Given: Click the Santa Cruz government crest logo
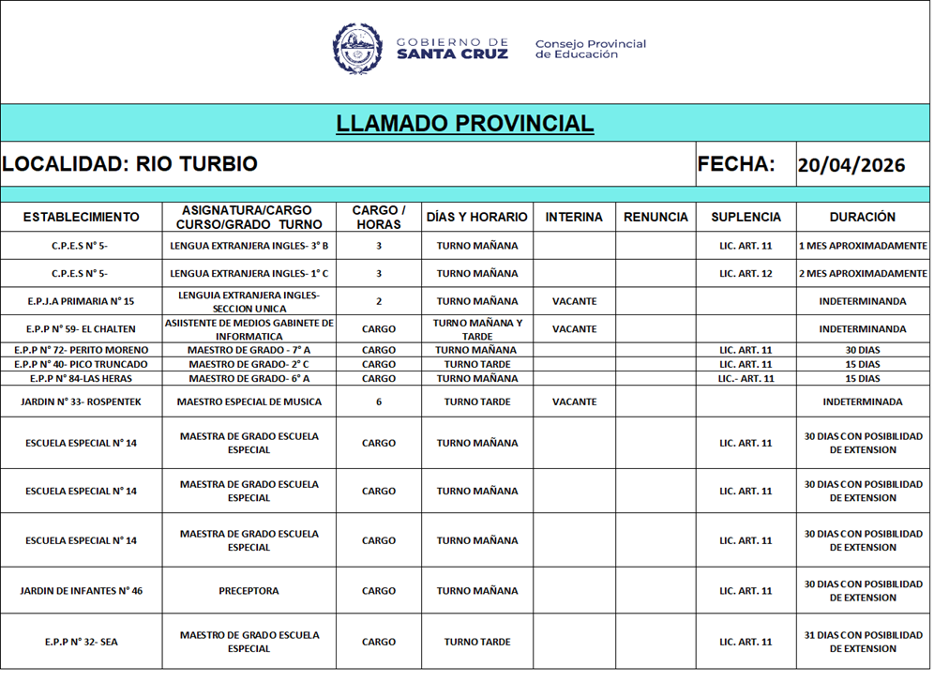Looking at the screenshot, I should click(357, 48).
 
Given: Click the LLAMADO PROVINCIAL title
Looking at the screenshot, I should click(465, 124).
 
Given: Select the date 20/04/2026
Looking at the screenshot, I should click(851, 165).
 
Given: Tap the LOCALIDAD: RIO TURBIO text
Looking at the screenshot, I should click(130, 164).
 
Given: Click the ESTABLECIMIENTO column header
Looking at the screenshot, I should click(81, 217).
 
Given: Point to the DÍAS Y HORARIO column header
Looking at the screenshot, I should click(476, 217).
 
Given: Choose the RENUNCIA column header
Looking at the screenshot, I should click(655, 217).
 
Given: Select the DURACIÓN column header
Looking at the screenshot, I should click(862, 217).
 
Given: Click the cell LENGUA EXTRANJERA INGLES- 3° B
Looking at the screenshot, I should click(249, 246).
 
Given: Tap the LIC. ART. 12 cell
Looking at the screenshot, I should click(746, 274).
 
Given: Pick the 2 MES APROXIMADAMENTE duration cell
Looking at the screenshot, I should click(862, 274).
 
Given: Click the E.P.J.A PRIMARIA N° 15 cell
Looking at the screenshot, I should click(81, 302).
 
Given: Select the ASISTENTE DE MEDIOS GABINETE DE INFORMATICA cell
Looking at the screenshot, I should click(249, 329).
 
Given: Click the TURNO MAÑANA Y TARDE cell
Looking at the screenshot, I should click(476, 329).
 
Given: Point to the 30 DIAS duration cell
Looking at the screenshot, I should click(862, 350).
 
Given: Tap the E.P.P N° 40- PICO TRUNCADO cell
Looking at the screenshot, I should click(81, 364).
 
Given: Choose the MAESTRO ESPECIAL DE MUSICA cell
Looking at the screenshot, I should click(249, 402).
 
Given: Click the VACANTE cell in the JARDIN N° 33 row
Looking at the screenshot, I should click(574, 402).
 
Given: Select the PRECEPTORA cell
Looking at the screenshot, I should click(249, 591).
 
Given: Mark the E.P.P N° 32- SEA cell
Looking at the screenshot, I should click(81, 643).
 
